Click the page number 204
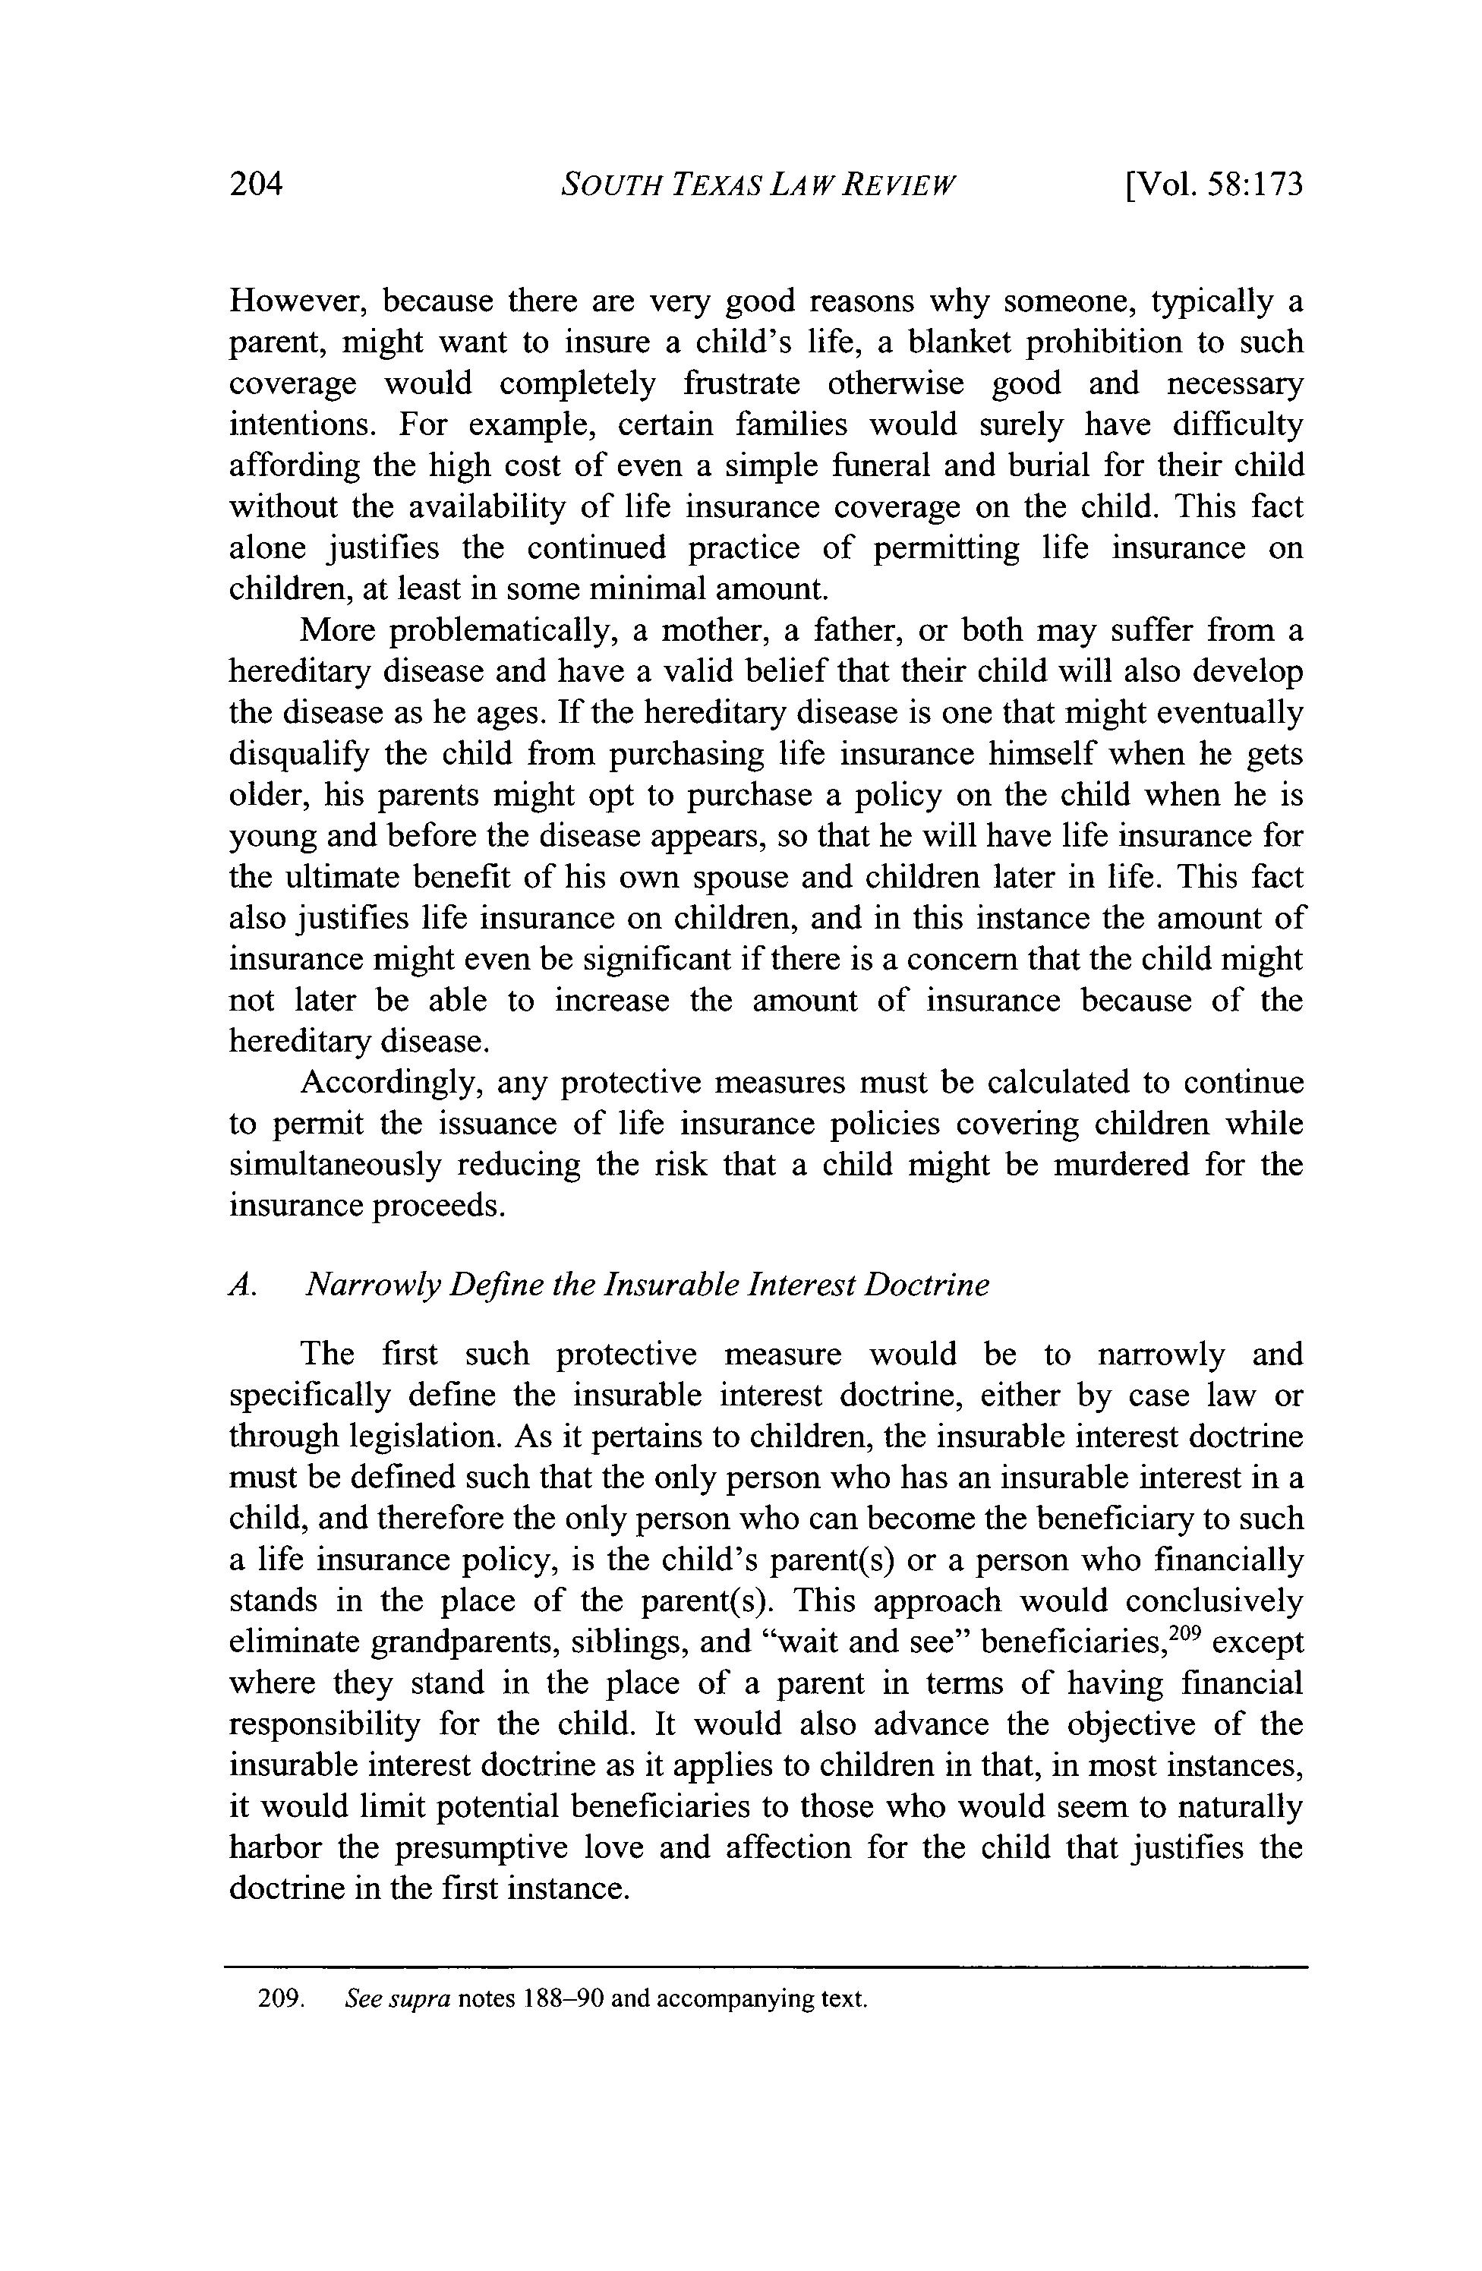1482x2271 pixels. [257, 183]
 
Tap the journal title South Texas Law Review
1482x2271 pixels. [758, 183]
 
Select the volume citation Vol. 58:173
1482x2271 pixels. [1214, 183]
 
